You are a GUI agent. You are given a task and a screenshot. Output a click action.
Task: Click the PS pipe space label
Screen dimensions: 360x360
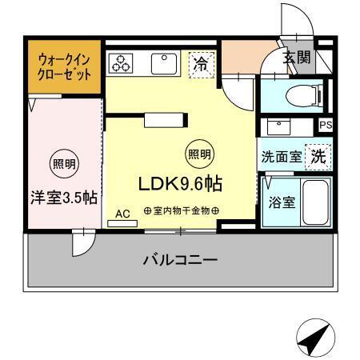[x=326, y=126]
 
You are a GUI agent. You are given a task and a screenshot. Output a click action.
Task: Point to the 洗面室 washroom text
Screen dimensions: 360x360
[x=282, y=157]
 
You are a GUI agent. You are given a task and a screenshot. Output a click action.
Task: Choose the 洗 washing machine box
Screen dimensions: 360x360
[x=319, y=156]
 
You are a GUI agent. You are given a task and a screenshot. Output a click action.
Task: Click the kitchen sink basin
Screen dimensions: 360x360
[x=165, y=62]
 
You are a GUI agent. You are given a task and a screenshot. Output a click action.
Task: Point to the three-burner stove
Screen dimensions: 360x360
[x=122, y=63]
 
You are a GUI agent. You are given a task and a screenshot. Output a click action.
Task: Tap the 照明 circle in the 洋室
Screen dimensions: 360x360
[x=63, y=165]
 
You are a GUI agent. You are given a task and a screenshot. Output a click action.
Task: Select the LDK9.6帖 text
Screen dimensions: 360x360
[x=181, y=183]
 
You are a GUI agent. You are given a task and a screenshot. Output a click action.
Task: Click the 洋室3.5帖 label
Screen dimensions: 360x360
[x=64, y=196]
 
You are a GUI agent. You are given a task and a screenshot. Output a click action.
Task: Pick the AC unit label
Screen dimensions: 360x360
[x=122, y=214]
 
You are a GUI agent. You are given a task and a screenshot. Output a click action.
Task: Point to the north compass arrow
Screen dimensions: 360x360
[x=314, y=339]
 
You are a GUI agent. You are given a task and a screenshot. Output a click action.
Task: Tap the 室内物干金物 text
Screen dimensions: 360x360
[x=182, y=210]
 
